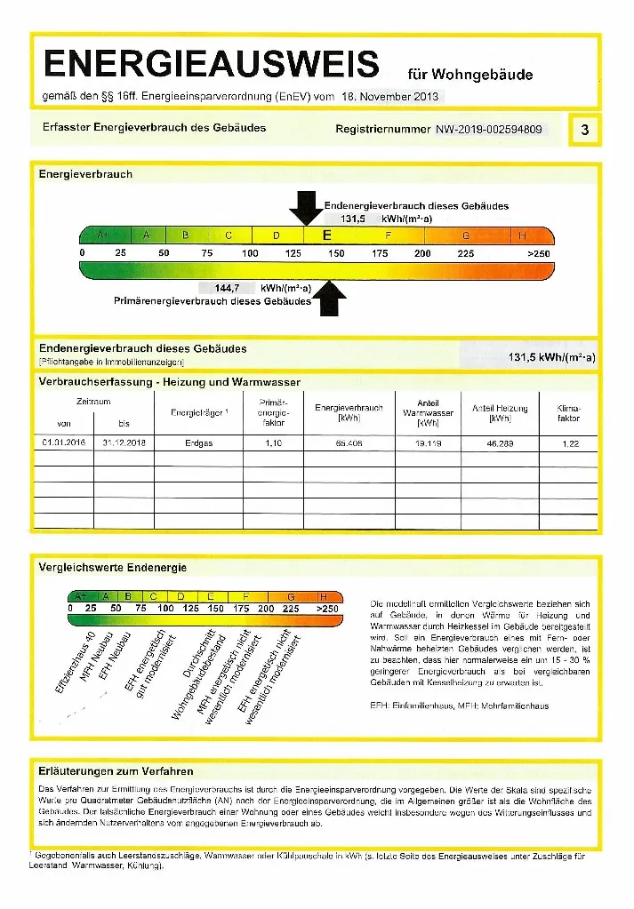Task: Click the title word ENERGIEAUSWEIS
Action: click(x=212, y=65)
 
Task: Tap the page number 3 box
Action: click(x=584, y=130)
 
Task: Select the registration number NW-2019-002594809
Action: click(x=488, y=129)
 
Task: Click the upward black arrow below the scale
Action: click(x=330, y=298)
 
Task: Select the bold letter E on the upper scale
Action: click(x=326, y=235)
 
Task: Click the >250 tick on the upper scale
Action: click(x=538, y=253)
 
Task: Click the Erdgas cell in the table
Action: click(x=199, y=443)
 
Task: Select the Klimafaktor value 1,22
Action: click(x=570, y=443)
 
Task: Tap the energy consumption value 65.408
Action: click(x=349, y=443)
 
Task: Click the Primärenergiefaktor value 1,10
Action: click(x=273, y=443)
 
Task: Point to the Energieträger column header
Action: click(x=199, y=412)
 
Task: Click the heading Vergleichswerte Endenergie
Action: click(x=113, y=567)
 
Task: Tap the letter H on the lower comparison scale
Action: click(x=324, y=596)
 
